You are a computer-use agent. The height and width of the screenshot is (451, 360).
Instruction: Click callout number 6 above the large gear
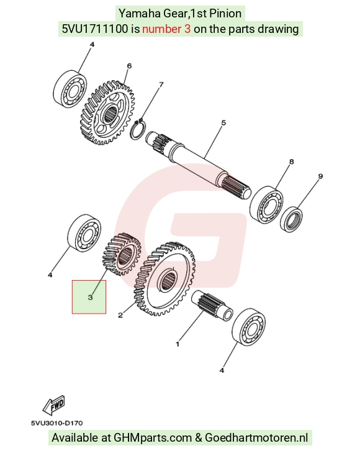(x=129, y=66)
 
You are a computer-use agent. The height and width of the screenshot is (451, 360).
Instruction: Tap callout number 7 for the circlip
(x=161, y=84)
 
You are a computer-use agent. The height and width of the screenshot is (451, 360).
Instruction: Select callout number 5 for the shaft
(x=223, y=122)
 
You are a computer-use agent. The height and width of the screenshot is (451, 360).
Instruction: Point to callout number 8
(x=291, y=162)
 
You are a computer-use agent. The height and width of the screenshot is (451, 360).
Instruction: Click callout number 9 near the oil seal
(x=320, y=176)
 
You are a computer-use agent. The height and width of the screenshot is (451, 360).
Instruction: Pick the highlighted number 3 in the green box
(x=90, y=297)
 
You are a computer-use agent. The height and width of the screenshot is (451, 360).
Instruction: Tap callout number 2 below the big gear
(x=120, y=315)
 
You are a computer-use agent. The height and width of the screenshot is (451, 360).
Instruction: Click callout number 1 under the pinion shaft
(x=178, y=344)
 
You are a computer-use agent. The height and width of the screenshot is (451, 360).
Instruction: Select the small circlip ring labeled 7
(x=139, y=129)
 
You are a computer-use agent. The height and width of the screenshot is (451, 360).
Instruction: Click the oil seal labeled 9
(x=291, y=219)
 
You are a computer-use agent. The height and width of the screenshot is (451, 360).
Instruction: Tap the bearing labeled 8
(x=266, y=205)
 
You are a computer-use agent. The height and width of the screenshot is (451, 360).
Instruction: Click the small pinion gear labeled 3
(x=122, y=254)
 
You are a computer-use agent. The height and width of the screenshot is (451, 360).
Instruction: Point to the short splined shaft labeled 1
(x=212, y=306)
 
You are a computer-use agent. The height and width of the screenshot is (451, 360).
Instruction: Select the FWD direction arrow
(x=54, y=405)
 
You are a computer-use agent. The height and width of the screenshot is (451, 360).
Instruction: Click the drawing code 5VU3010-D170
(x=57, y=423)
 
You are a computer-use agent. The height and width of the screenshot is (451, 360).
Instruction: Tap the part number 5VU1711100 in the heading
(x=95, y=29)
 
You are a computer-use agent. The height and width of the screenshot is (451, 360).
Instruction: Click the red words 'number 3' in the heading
(x=166, y=29)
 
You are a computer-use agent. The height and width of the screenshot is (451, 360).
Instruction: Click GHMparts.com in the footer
(x=153, y=437)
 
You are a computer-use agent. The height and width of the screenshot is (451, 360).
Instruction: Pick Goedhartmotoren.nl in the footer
(x=256, y=437)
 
